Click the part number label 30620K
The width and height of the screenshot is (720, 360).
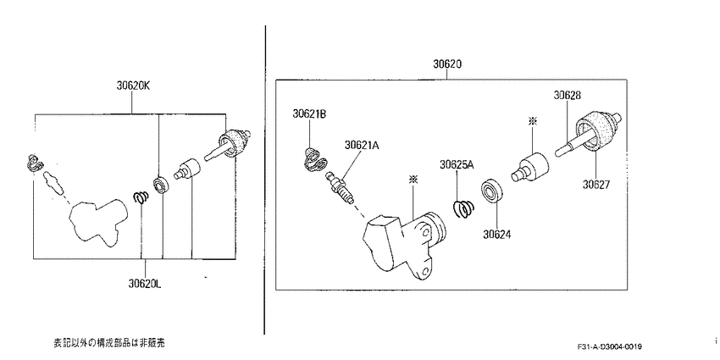click(x=133, y=86)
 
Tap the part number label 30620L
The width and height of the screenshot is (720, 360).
click(x=145, y=284)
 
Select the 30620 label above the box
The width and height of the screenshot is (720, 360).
click(x=446, y=64)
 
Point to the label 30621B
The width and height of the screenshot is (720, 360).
click(x=309, y=114)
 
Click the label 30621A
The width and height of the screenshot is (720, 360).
click(x=362, y=145)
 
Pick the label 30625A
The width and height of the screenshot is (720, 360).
click(x=457, y=164)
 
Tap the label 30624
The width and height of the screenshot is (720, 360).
click(x=497, y=234)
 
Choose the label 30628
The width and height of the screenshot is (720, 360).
click(x=567, y=95)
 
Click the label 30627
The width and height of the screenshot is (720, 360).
click(x=596, y=185)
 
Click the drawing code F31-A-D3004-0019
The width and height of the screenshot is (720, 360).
click(x=610, y=346)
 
